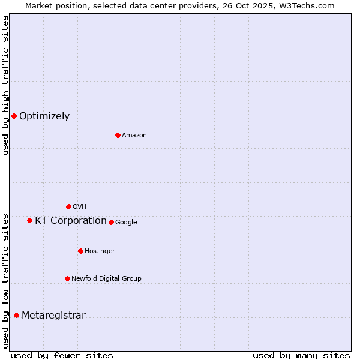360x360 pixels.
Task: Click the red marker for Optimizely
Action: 14,116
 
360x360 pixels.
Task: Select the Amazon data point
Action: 118,135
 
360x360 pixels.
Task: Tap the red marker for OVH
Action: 68,206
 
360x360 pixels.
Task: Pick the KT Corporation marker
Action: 29,220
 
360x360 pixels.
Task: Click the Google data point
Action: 111,222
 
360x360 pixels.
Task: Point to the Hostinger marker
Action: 80,251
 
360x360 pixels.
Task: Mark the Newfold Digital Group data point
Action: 67,278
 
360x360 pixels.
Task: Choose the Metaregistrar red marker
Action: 16,315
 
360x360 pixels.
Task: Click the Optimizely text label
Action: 44,116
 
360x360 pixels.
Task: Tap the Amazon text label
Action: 134,136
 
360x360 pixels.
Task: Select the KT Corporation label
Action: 71,221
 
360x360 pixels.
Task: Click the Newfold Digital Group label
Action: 106,278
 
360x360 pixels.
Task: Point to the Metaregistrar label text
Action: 53,316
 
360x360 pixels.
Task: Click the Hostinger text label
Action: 100,251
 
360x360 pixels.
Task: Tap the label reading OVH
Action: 79,207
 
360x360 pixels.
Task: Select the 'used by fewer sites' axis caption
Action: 62,355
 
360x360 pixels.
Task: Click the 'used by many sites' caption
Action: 301,355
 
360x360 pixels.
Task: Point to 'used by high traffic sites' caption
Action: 5,85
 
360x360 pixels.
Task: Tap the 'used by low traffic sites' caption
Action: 5,281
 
